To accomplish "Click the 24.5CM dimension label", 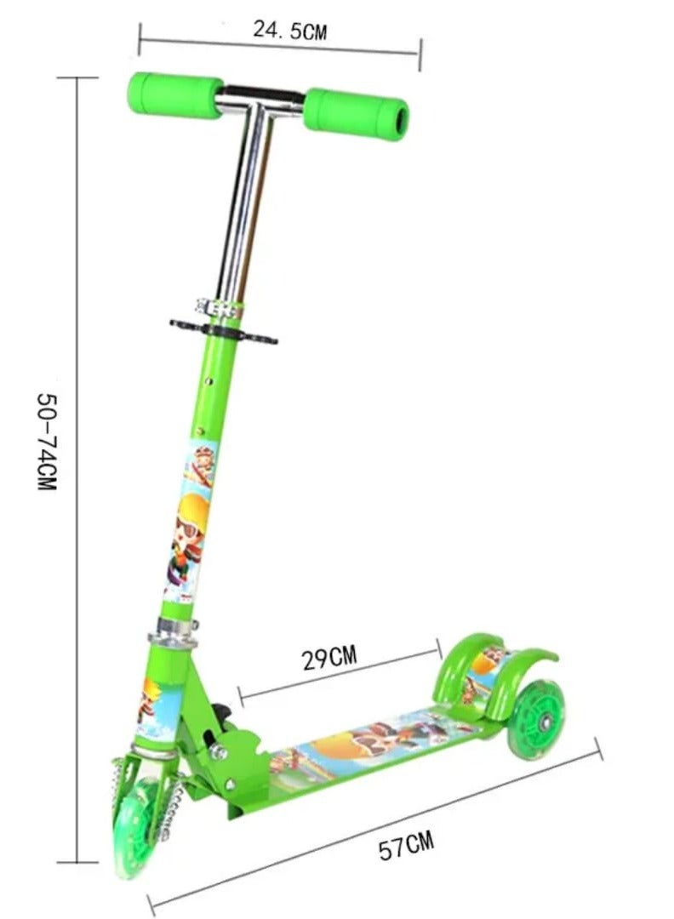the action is (289, 30).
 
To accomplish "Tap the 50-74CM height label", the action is (47, 442).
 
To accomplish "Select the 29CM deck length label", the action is (329, 658).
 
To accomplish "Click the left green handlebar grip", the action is (175, 94).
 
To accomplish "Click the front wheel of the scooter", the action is (134, 827).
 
